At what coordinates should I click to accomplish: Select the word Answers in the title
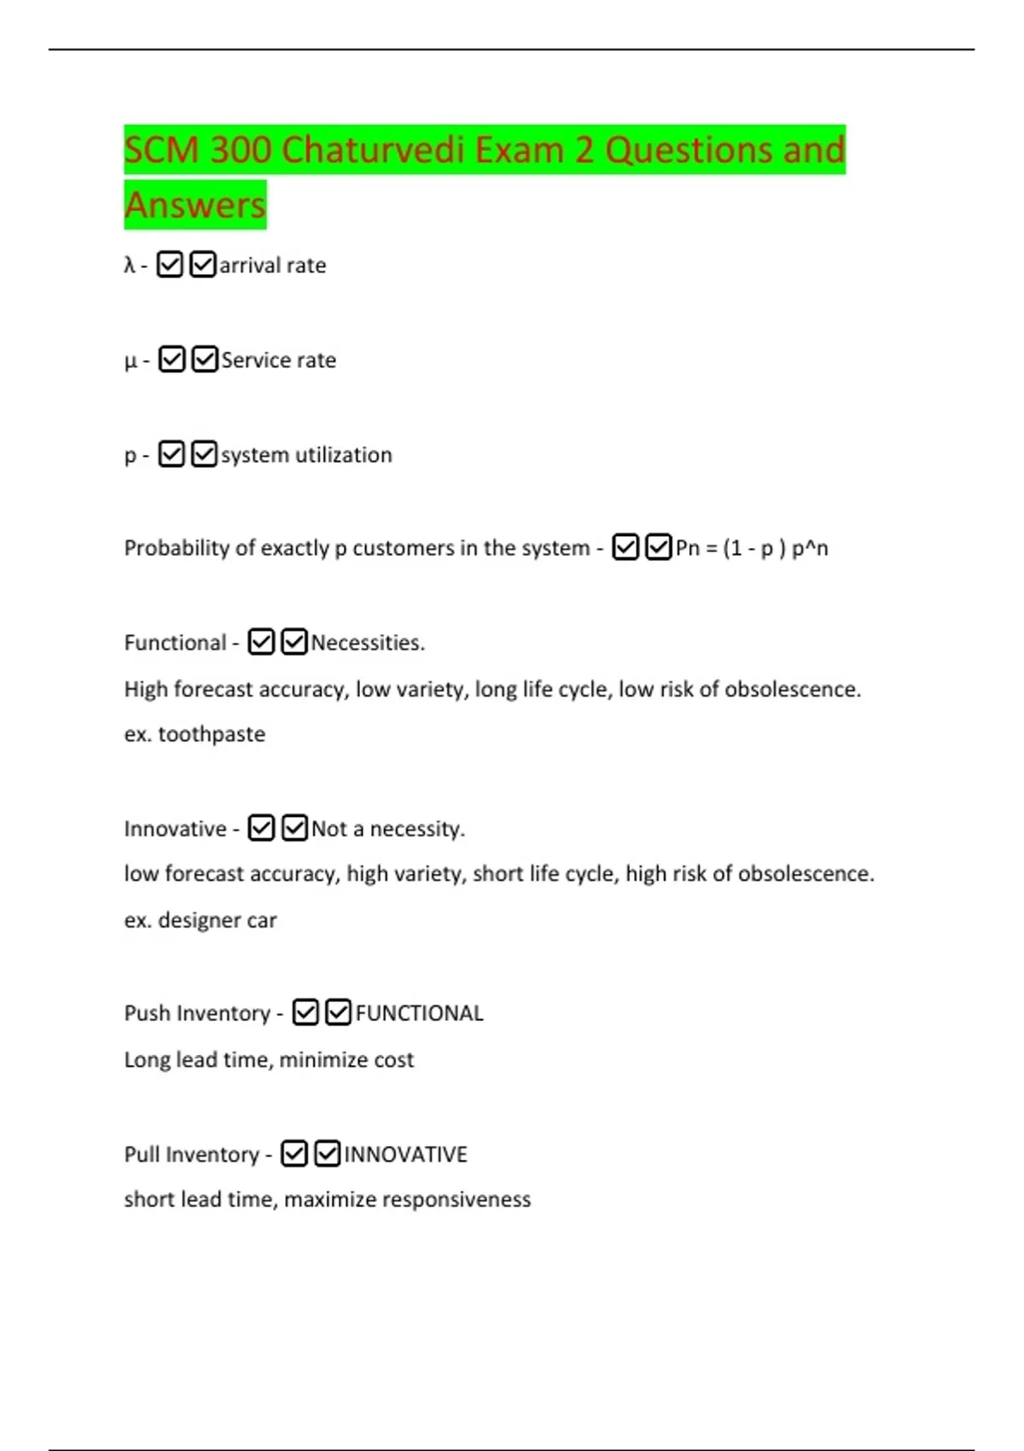pyautogui.click(x=195, y=206)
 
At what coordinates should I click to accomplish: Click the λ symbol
pyautogui.click(x=130, y=265)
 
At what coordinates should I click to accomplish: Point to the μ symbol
pyautogui.click(x=131, y=361)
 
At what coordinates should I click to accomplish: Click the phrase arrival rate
pyautogui.click(x=273, y=265)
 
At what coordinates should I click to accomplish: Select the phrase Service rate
pyautogui.click(x=279, y=360)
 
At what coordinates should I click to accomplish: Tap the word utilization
pyautogui.click(x=343, y=455)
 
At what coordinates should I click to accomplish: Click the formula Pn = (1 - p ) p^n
pyautogui.click(x=752, y=548)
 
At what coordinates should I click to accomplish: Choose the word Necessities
pyautogui.click(x=368, y=643)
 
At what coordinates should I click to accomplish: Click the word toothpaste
pyautogui.click(x=212, y=734)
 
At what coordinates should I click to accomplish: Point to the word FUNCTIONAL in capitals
pyautogui.click(x=419, y=1013)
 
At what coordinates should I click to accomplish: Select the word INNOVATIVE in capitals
pyautogui.click(x=406, y=1155)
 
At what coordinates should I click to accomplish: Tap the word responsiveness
pyautogui.click(x=457, y=1200)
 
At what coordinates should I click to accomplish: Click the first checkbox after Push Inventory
pyautogui.click(x=305, y=1012)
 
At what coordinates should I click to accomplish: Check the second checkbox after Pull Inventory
pyautogui.click(x=328, y=1154)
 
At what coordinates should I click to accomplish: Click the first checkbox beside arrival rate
pyautogui.click(x=170, y=265)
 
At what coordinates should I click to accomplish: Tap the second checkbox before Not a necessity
pyautogui.click(x=294, y=828)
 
